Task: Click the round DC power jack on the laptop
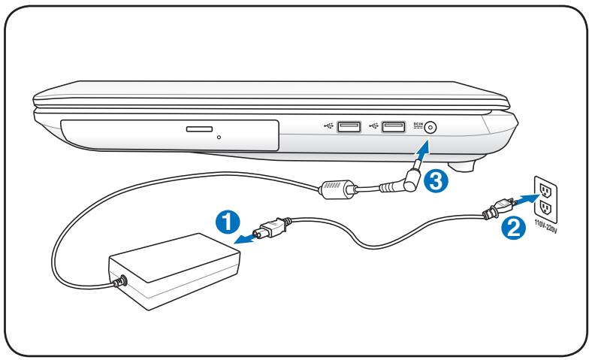(x=429, y=128)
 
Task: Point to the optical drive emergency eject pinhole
(x=219, y=138)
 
